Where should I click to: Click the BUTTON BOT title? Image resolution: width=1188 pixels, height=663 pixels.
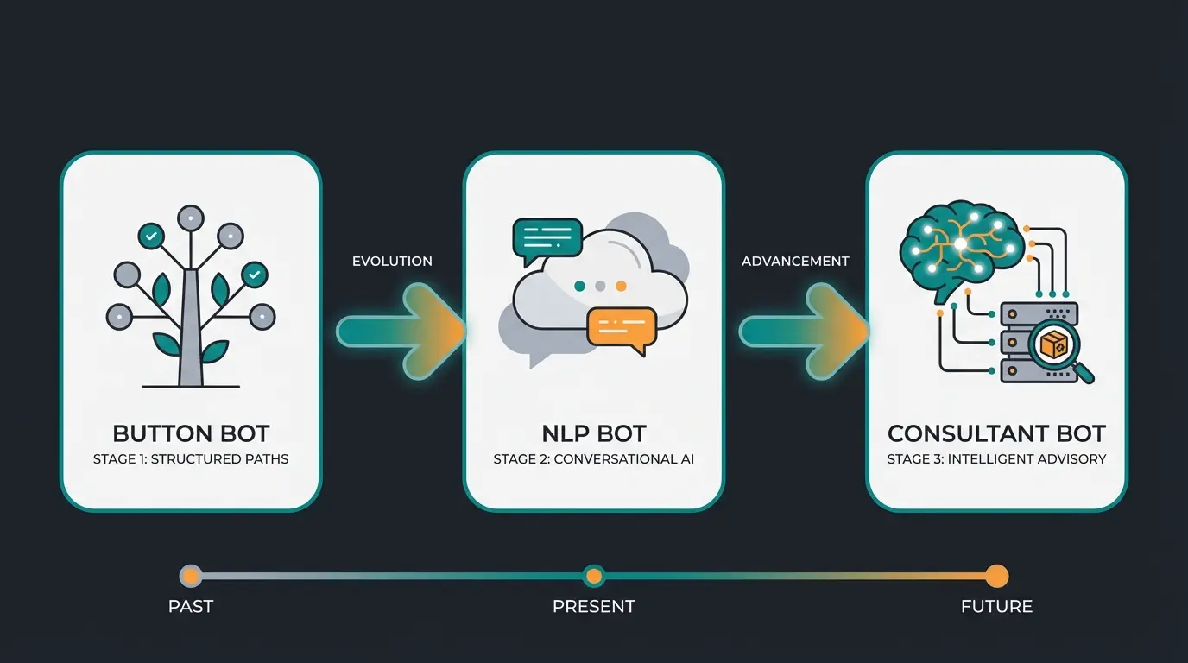191,433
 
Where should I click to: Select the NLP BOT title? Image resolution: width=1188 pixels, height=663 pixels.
593,433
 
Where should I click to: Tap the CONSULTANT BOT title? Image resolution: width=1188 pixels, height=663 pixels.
996,433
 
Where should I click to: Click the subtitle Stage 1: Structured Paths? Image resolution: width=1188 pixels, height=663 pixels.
191,459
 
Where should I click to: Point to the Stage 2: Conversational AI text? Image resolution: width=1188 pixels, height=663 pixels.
593,459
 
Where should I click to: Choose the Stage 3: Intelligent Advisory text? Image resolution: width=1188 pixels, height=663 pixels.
996,459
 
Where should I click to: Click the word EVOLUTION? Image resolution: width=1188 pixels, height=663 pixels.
392,262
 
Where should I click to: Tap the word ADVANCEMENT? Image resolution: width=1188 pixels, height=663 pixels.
795,262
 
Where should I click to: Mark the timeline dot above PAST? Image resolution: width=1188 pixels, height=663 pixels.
191,576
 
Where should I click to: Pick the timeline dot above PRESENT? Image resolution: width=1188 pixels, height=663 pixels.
593,576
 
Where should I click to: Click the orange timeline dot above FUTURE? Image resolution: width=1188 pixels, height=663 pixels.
996,576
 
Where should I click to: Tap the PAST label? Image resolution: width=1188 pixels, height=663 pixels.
191,607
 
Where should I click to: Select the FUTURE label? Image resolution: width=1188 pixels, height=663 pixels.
996,607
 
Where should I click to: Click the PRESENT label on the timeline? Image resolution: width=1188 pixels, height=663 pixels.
593,607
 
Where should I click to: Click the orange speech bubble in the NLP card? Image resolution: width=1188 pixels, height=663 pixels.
621,329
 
